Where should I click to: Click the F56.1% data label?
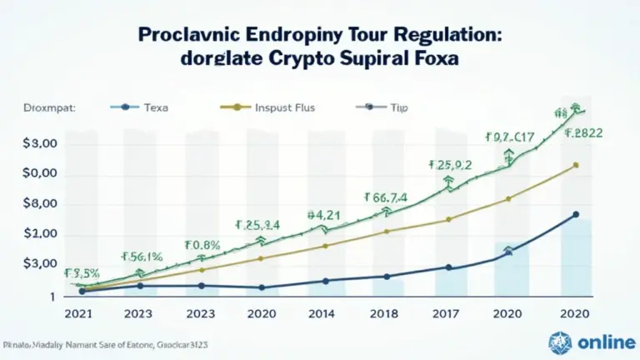coord(142,257)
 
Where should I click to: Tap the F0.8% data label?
coord(202,245)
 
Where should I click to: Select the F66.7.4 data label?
coord(386,197)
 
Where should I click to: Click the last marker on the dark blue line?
coord(577,214)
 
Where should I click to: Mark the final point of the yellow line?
coord(577,165)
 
